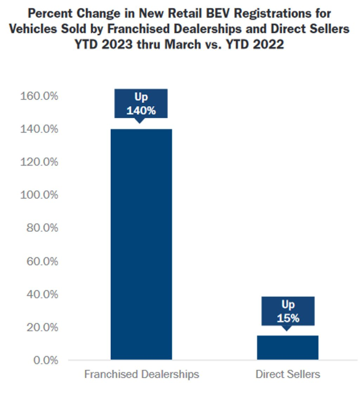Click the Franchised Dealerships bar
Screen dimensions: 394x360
(x=141, y=244)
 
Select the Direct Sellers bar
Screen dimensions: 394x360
(x=288, y=347)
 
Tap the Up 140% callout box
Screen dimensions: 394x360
(x=141, y=104)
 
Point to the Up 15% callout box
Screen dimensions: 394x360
(x=288, y=311)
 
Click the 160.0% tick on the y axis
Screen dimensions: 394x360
(x=39, y=95)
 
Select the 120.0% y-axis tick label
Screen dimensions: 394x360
(x=39, y=162)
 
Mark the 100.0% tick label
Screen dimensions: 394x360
(x=39, y=195)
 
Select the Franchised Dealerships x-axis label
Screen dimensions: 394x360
(x=142, y=374)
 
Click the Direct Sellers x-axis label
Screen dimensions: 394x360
(x=288, y=374)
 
